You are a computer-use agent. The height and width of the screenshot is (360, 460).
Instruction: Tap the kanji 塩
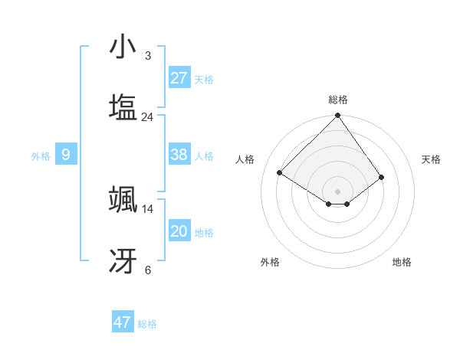coord(123,107)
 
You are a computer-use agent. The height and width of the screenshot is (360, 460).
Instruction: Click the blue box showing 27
coord(179,77)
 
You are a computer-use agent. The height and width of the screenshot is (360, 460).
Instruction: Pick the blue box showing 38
coord(179,155)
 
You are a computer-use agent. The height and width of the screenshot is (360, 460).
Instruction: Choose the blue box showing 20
coord(179,231)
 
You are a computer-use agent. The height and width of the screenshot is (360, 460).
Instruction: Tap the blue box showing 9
coord(66,155)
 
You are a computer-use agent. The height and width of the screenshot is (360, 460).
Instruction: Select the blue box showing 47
coord(123,322)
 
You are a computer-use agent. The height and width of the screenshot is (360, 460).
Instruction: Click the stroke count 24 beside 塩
coord(147,116)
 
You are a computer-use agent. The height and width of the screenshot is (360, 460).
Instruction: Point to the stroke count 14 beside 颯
coord(147,208)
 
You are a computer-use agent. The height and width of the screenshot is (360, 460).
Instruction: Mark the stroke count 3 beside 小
coord(147,56)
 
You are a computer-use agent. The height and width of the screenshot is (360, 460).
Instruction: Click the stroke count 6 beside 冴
coord(147,270)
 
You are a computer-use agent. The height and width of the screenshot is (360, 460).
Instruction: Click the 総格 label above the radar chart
coord(337,100)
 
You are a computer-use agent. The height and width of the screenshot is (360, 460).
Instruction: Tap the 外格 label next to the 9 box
coord(41,156)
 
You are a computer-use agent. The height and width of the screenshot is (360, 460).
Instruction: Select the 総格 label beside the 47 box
coord(147,324)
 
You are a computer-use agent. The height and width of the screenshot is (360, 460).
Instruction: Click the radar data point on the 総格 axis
coord(337,116)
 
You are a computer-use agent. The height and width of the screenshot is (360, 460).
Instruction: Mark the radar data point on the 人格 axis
coord(280,172)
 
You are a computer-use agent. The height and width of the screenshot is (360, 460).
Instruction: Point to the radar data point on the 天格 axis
coord(381,177)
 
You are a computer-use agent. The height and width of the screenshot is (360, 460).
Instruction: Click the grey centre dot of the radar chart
coord(337,191)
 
